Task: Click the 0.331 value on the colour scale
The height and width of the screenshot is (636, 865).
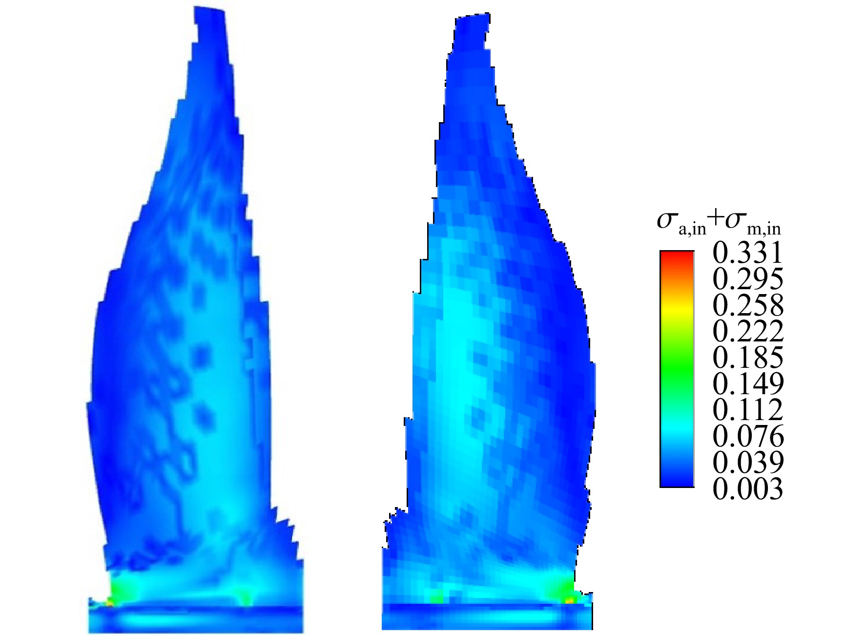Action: click(748, 253)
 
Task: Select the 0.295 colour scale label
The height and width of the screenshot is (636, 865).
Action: click(748, 279)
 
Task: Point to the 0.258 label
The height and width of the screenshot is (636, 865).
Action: click(748, 305)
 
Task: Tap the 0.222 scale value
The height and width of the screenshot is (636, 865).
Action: click(748, 332)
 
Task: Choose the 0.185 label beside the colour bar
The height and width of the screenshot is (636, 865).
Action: click(748, 358)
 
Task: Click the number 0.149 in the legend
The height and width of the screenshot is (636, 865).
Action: click(748, 384)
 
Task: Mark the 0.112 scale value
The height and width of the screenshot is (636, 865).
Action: click(748, 410)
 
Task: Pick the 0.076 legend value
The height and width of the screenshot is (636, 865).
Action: click(748, 436)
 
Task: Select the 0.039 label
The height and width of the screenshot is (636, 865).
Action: click(748, 462)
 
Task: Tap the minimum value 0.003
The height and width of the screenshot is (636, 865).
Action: click(748, 488)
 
